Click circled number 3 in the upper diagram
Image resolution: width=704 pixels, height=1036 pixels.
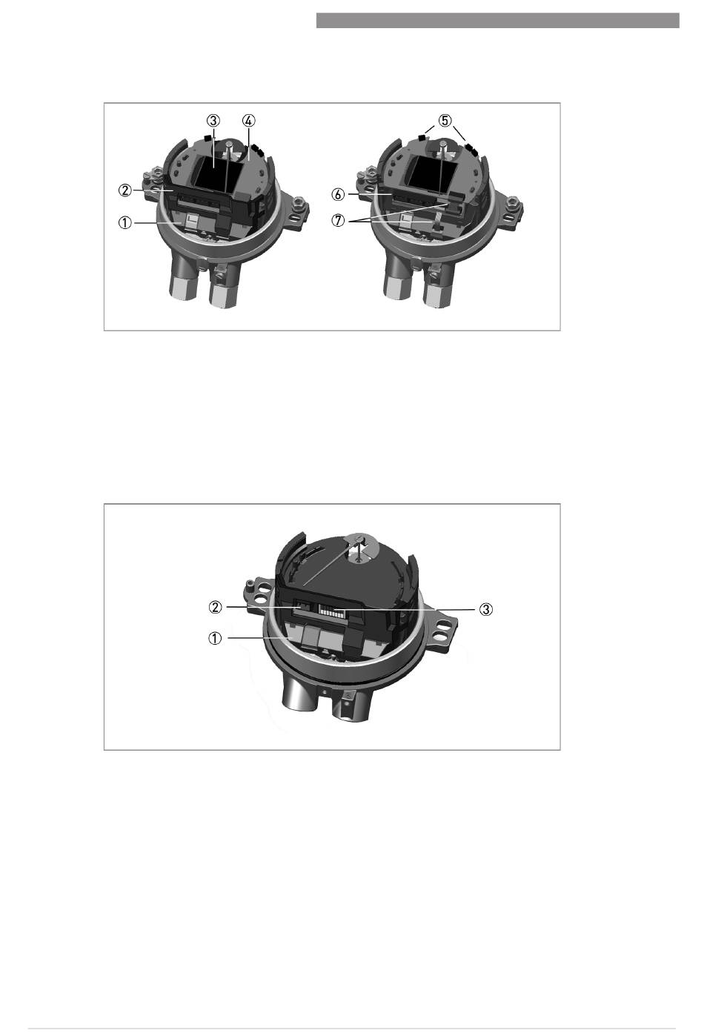(213, 121)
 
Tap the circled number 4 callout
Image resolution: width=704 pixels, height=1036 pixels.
(248, 121)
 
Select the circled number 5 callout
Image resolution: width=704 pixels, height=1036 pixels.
(445, 121)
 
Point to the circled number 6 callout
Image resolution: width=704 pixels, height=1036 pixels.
(338, 195)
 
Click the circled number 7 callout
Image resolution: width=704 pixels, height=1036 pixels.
(338, 221)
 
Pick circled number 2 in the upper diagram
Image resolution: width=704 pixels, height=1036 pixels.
(125, 190)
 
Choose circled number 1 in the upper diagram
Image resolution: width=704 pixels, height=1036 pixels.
(125, 223)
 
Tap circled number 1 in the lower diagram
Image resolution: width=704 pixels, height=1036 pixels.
(215, 639)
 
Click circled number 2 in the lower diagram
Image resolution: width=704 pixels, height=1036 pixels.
(215, 607)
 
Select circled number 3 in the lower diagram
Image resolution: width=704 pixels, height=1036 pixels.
(485, 609)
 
